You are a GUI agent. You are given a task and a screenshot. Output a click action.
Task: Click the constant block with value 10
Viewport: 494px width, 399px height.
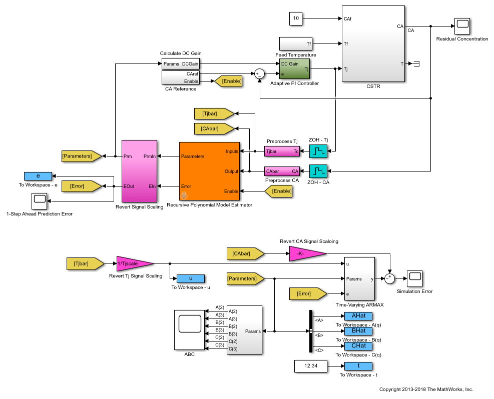tap(296, 18)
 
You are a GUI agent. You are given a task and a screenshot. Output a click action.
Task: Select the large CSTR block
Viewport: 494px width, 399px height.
tap(373, 43)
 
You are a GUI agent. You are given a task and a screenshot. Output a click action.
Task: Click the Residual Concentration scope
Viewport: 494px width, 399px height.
tap(461, 25)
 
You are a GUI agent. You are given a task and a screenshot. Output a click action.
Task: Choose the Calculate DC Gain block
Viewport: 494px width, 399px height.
tap(180, 64)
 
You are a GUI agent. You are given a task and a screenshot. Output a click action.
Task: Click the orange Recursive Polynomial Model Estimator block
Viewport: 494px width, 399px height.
tap(209, 171)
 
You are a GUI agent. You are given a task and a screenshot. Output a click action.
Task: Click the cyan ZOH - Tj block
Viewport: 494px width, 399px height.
tap(318, 151)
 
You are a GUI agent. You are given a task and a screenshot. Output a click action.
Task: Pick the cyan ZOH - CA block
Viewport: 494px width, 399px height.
tap(318, 171)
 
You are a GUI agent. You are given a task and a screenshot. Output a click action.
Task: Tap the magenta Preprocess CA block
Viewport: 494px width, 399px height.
tap(282, 171)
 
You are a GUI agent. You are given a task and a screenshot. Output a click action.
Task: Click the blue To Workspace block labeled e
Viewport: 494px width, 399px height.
tap(38, 176)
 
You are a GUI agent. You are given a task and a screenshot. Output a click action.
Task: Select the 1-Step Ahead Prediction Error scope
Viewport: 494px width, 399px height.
tap(39, 201)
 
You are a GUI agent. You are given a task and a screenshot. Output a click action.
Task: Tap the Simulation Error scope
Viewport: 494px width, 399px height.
tap(414, 277)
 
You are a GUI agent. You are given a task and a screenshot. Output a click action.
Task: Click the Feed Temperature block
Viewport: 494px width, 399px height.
tap(296, 43)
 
